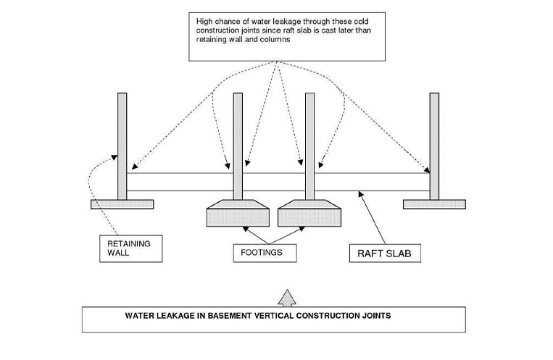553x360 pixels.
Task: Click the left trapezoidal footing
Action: coord(238,214)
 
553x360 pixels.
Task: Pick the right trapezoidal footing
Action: coord(309,214)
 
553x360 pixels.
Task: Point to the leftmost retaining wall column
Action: coord(122,145)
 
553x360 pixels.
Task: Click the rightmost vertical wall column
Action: coord(433,145)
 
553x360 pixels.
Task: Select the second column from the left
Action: coord(238,145)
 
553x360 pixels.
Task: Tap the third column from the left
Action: coord(309,145)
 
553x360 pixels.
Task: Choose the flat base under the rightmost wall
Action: coord(433,204)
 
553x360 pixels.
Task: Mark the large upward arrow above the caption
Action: coord(288,297)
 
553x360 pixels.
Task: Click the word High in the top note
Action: coord(204,22)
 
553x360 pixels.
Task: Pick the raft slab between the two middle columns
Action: coord(274,181)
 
